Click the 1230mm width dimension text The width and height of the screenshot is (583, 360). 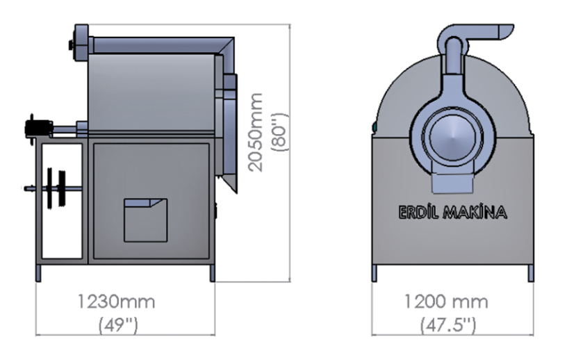pyautogui.click(x=116, y=301)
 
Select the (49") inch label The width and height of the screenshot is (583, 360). pyautogui.click(x=118, y=325)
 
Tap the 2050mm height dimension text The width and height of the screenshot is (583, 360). pyautogui.click(x=256, y=132)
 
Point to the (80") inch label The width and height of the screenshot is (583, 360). pyautogui.click(x=280, y=131)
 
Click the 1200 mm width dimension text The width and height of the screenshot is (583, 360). pyautogui.click(x=446, y=301)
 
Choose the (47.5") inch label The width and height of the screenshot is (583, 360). pyautogui.click(x=448, y=325)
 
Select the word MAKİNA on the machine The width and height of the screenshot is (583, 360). pyautogui.click(x=475, y=212)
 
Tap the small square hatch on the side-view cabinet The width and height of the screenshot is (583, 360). pyautogui.click(x=145, y=220)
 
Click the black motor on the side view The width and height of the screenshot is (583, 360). pyautogui.click(x=38, y=128)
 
